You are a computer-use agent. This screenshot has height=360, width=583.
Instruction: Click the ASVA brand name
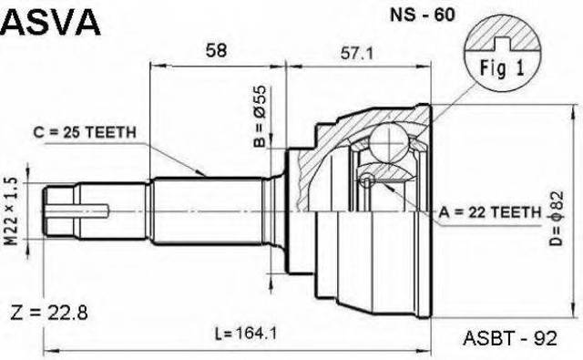pos(51,22)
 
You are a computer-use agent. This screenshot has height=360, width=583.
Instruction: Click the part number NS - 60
pos(422,15)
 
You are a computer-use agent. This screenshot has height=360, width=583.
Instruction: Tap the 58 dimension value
pos(216,50)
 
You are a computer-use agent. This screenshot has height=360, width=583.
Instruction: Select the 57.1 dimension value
pos(356,54)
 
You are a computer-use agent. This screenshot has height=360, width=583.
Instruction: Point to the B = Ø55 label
pos(260,117)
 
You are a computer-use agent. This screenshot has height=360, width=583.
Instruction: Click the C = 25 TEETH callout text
pos(85,132)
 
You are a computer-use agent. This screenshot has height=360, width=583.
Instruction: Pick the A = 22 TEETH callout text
pos(490,212)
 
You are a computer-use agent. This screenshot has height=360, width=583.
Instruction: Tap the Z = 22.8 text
pos(48,313)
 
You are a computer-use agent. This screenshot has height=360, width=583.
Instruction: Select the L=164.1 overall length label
pos(246,334)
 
